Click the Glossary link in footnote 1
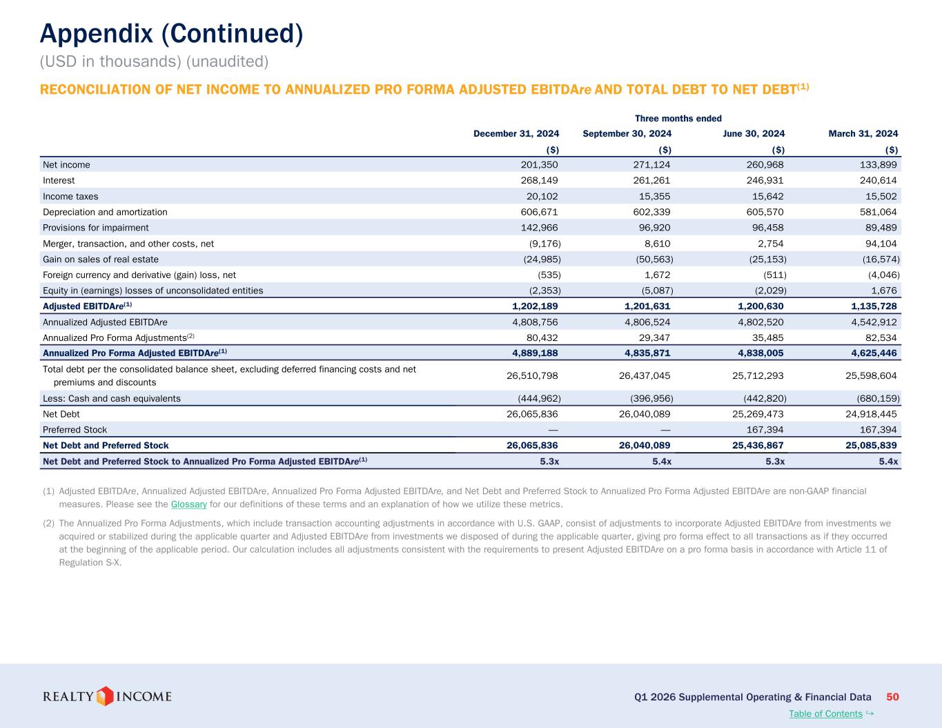tap(188, 504)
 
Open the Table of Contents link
tap(825, 714)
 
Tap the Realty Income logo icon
tap(105, 696)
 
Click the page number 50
tap(892, 697)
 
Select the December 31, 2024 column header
tap(516, 133)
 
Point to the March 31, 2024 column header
tap(863, 133)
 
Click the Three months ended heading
tap(678, 118)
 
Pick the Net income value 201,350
tap(539, 165)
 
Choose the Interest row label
tap(59, 180)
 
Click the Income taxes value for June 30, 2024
tap(767, 196)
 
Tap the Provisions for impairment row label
tap(95, 228)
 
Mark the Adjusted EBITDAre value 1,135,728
tap(874, 306)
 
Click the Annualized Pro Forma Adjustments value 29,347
tap(654, 337)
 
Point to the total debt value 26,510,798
tap(532, 375)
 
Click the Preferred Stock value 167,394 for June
tap(765, 430)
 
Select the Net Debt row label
tap(61, 414)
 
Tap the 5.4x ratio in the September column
tap(662, 462)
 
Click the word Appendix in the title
tap(96, 34)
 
